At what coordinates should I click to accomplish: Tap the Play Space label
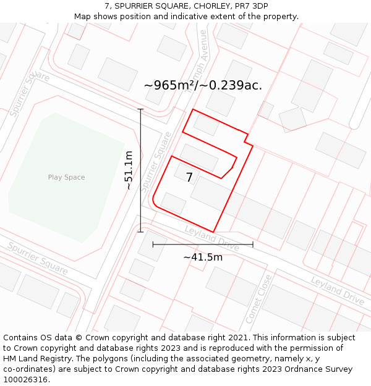66,177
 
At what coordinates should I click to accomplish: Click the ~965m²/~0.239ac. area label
203,85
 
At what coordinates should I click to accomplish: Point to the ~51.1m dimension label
129,170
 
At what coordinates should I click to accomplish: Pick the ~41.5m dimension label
203,257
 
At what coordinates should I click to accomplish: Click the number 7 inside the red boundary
189,178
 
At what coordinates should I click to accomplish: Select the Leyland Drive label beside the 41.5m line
211,238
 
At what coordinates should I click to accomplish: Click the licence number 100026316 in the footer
25,380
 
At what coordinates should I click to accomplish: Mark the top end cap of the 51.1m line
141,109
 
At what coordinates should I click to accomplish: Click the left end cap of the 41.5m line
153,245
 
